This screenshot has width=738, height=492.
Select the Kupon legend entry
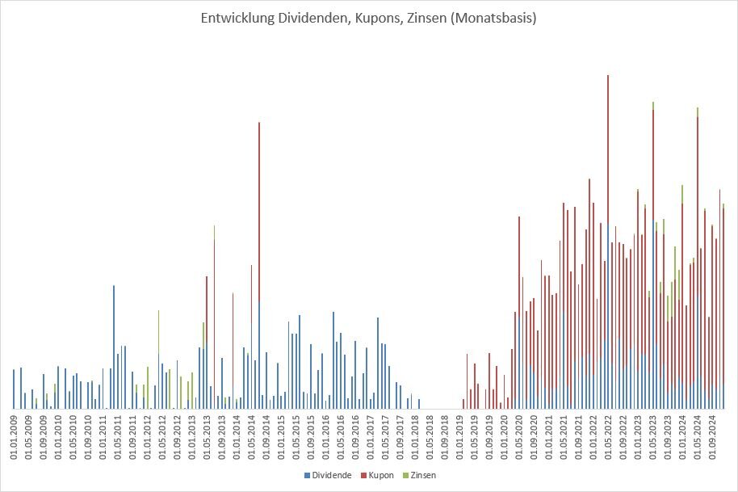coord(379,475)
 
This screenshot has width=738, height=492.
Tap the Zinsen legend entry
coord(424,475)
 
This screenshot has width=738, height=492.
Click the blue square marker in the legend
coord(308,475)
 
